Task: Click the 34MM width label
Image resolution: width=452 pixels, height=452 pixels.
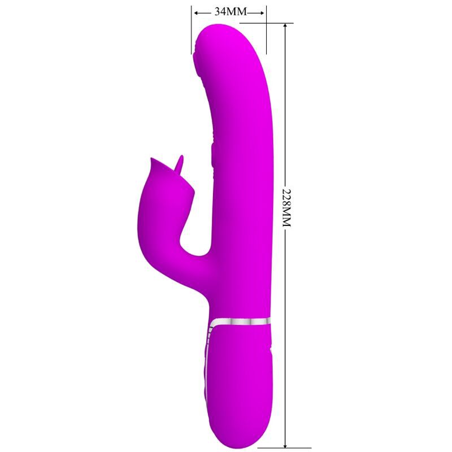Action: [x=228, y=12]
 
